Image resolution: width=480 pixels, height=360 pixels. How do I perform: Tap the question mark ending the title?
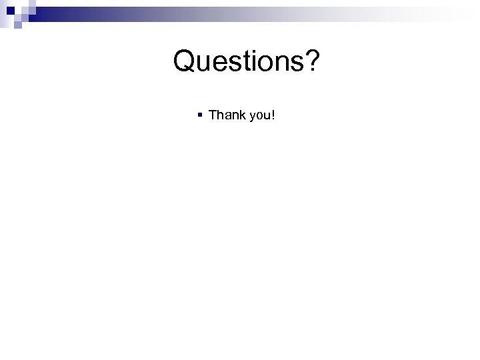coord(313,62)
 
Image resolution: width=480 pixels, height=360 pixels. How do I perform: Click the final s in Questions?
coord(297,65)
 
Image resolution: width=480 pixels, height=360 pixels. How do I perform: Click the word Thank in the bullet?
coord(227,115)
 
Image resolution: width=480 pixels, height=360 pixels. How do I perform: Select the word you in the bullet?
coord(259,116)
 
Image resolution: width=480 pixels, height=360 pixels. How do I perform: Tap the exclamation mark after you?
coord(273,115)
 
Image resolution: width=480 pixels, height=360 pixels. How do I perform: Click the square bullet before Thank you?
coord(200,115)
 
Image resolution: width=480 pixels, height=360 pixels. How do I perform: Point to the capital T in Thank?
coord(213,115)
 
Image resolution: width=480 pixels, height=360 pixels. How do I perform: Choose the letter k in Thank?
coord(241,115)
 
